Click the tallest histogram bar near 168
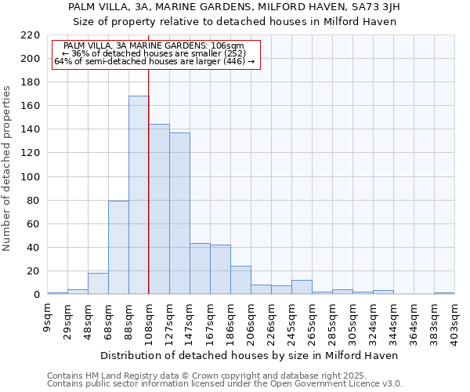(x=139, y=195)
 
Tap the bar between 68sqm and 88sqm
(x=118, y=248)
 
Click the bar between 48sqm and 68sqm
(x=98, y=284)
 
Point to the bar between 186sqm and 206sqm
(x=240, y=280)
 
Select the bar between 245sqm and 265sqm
(x=302, y=287)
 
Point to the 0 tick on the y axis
(x=36, y=295)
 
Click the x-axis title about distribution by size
(x=250, y=355)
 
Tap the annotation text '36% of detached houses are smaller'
(x=154, y=53)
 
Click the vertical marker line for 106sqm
(x=148, y=180)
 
